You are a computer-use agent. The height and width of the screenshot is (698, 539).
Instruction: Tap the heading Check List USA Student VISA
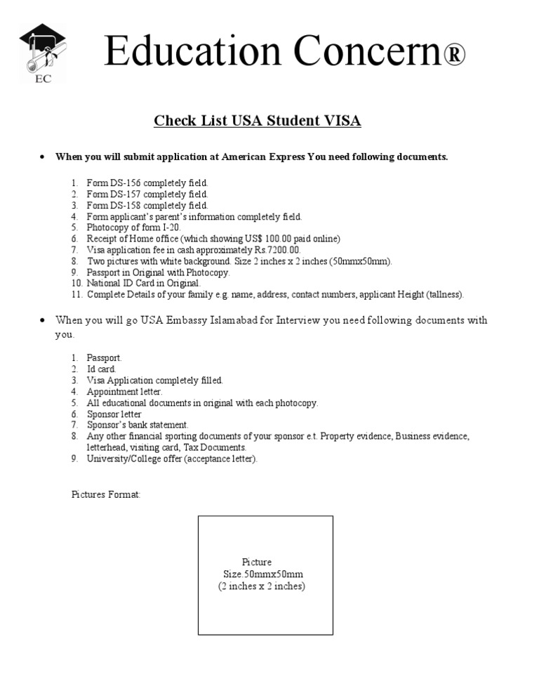point(258,121)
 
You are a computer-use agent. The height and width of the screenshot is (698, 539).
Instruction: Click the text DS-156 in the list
point(125,183)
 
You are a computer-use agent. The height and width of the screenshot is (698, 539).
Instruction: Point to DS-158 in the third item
point(125,205)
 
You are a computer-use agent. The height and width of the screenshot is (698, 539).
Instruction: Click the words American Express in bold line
point(262,157)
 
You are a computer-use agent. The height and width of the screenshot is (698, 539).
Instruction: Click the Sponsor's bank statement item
point(138,425)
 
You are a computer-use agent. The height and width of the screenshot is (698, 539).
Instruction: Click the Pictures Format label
point(106,494)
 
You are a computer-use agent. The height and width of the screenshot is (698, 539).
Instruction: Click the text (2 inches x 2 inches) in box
point(262,586)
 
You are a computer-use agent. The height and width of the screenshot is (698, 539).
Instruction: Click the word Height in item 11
point(408,295)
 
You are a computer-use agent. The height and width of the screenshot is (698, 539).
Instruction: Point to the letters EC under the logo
point(43,78)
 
